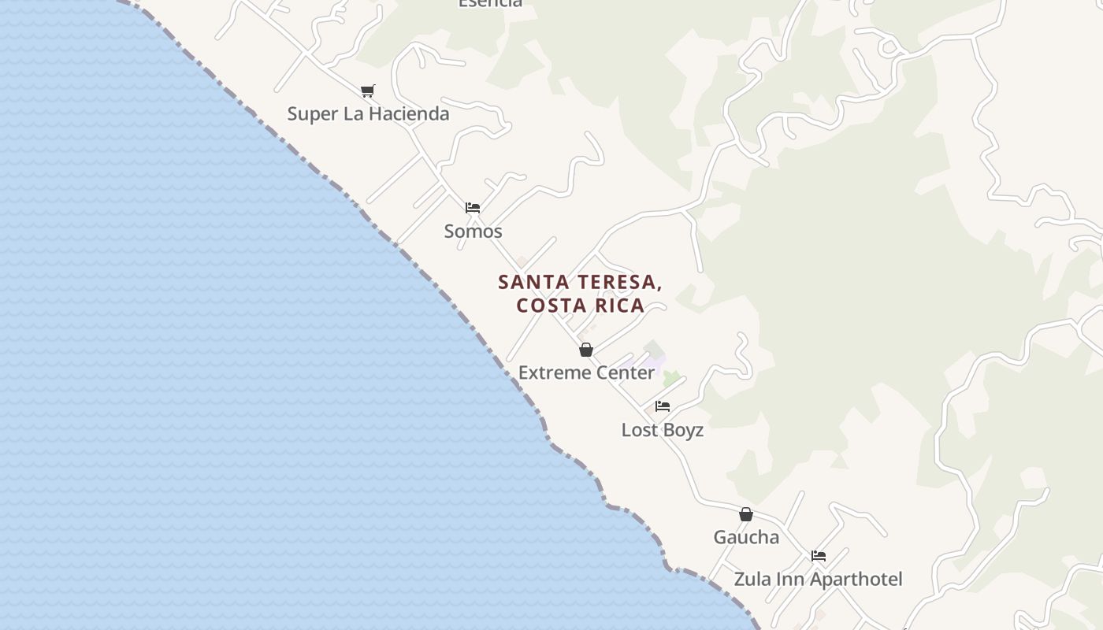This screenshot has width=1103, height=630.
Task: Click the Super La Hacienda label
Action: click(368, 113)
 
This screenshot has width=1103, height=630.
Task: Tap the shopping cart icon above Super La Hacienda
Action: click(368, 91)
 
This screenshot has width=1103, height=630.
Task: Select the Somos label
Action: click(473, 231)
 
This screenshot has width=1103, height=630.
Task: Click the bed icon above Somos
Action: click(473, 208)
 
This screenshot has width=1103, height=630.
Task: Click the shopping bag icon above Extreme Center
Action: click(586, 350)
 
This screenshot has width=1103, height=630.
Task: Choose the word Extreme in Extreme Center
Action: click(550, 372)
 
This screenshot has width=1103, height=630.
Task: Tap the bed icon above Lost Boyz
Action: click(663, 406)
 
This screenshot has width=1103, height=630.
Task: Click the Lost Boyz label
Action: click(663, 430)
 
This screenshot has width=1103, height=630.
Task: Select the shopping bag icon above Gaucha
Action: click(746, 514)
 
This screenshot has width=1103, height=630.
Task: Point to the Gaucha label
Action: click(746, 537)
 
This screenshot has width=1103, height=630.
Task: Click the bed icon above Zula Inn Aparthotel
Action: click(819, 556)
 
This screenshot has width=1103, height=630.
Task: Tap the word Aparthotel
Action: click(856, 580)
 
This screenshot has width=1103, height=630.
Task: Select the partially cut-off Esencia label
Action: click(490, 3)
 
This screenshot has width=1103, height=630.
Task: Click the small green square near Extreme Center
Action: click(670, 379)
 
